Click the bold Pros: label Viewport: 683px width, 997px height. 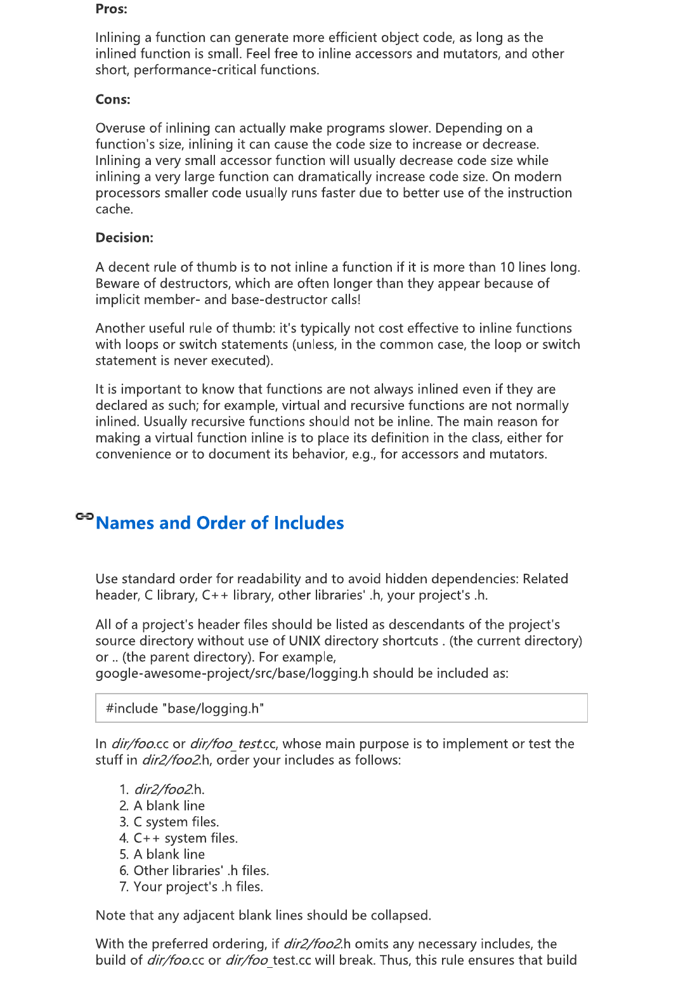[x=111, y=9]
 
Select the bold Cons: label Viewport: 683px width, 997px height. [x=113, y=100]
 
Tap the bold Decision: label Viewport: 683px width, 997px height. [x=124, y=238]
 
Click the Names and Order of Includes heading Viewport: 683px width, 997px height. [x=219, y=523]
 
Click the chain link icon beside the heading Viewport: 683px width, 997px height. [x=84, y=517]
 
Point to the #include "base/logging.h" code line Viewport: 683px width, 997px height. [x=185, y=709]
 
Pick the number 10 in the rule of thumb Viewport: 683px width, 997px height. [x=507, y=267]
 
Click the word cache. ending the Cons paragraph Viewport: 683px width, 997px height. [x=114, y=209]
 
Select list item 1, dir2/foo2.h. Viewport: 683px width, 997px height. [x=169, y=789]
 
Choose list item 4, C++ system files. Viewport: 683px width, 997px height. [x=185, y=838]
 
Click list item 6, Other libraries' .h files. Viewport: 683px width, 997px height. [x=201, y=871]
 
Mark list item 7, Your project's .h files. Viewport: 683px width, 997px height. [x=198, y=887]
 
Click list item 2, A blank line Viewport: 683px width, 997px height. [x=169, y=806]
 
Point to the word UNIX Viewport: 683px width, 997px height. [x=304, y=641]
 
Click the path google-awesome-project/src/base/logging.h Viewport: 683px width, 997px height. [x=232, y=673]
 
